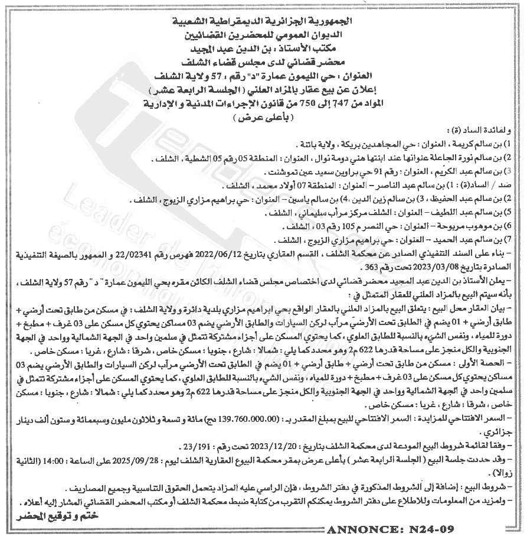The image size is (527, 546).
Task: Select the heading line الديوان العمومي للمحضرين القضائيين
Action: pos(264,35)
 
